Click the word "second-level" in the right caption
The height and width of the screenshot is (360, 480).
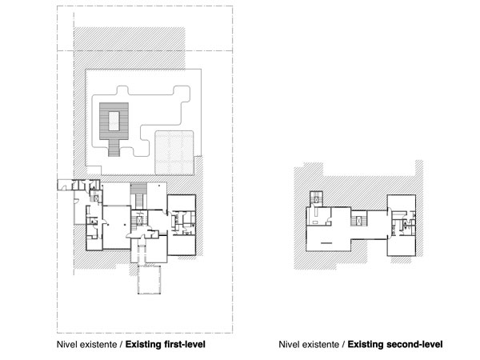pyautogui.click(x=412, y=345)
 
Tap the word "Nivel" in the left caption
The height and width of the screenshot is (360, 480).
pyautogui.click(x=68, y=345)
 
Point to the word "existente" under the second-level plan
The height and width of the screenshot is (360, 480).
pyautogui.click(x=317, y=345)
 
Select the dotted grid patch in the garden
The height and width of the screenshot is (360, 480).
pyautogui.click(x=174, y=152)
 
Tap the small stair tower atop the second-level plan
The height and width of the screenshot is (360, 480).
pyautogui.click(x=318, y=198)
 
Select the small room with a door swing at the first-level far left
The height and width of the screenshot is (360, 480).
pyautogui.click(x=63, y=186)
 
